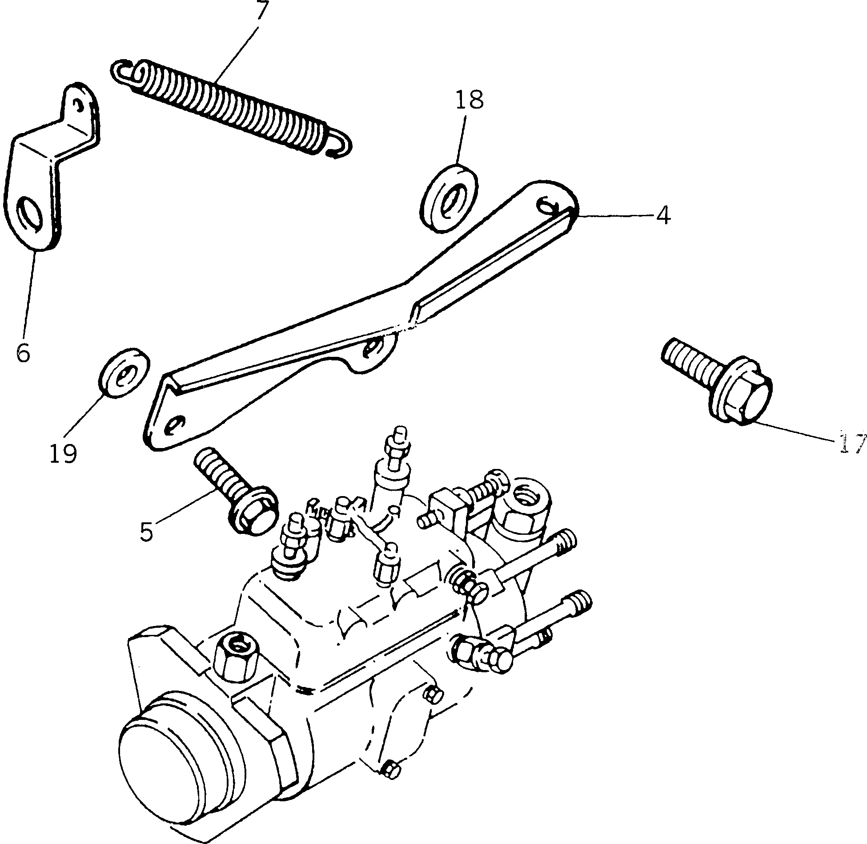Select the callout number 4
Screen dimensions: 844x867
pyautogui.click(x=662, y=216)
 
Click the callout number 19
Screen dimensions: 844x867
pyautogui.click(x=63, y=454)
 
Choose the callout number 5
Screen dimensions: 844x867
pyautogui.click(x=146, y=531)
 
